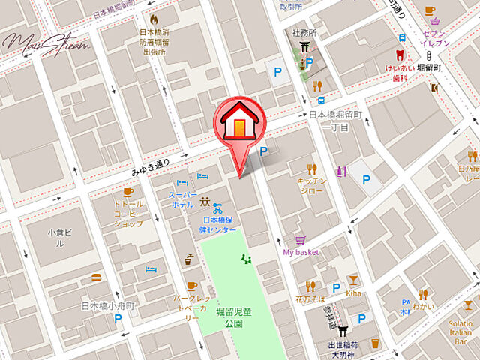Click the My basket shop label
301,252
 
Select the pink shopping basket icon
301,240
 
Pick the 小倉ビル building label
59,237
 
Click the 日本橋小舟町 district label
107,305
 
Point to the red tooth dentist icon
400,55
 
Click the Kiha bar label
354,292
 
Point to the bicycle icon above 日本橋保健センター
217,208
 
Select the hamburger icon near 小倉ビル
95,277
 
